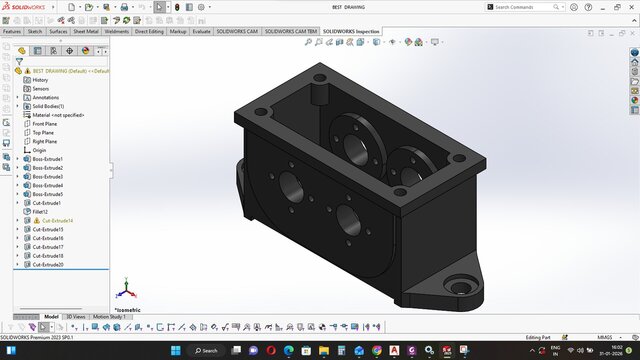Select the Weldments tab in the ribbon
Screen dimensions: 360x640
click(x=117, y=31)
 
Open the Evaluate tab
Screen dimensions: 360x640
click(x=201, y=31)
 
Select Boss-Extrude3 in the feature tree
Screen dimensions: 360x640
click(x=47, y=177)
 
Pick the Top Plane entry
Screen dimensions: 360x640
click(x=43, y=132)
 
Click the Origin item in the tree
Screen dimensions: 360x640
click(x=39, y=150)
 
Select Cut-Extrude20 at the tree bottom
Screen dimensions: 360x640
click(x=47, y=265)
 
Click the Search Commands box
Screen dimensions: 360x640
click(x=530, y=7)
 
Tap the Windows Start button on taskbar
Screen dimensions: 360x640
click(x=176, y=351)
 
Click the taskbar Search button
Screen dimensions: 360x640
click(x=206, y=351)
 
